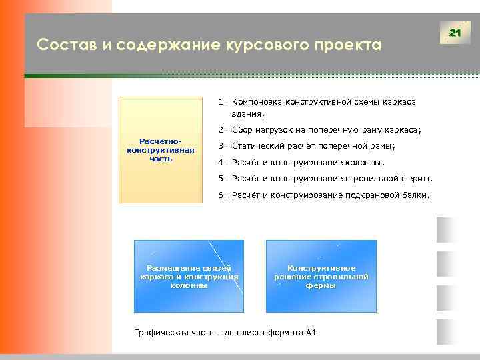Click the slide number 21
point(456,33)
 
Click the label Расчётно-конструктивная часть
point(160,150)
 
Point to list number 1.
point(221,102)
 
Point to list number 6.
point(221,195)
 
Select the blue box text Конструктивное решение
point(321,272)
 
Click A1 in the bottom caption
point(310,332)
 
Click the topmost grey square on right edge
point(445,230)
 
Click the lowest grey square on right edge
point(445,331)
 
